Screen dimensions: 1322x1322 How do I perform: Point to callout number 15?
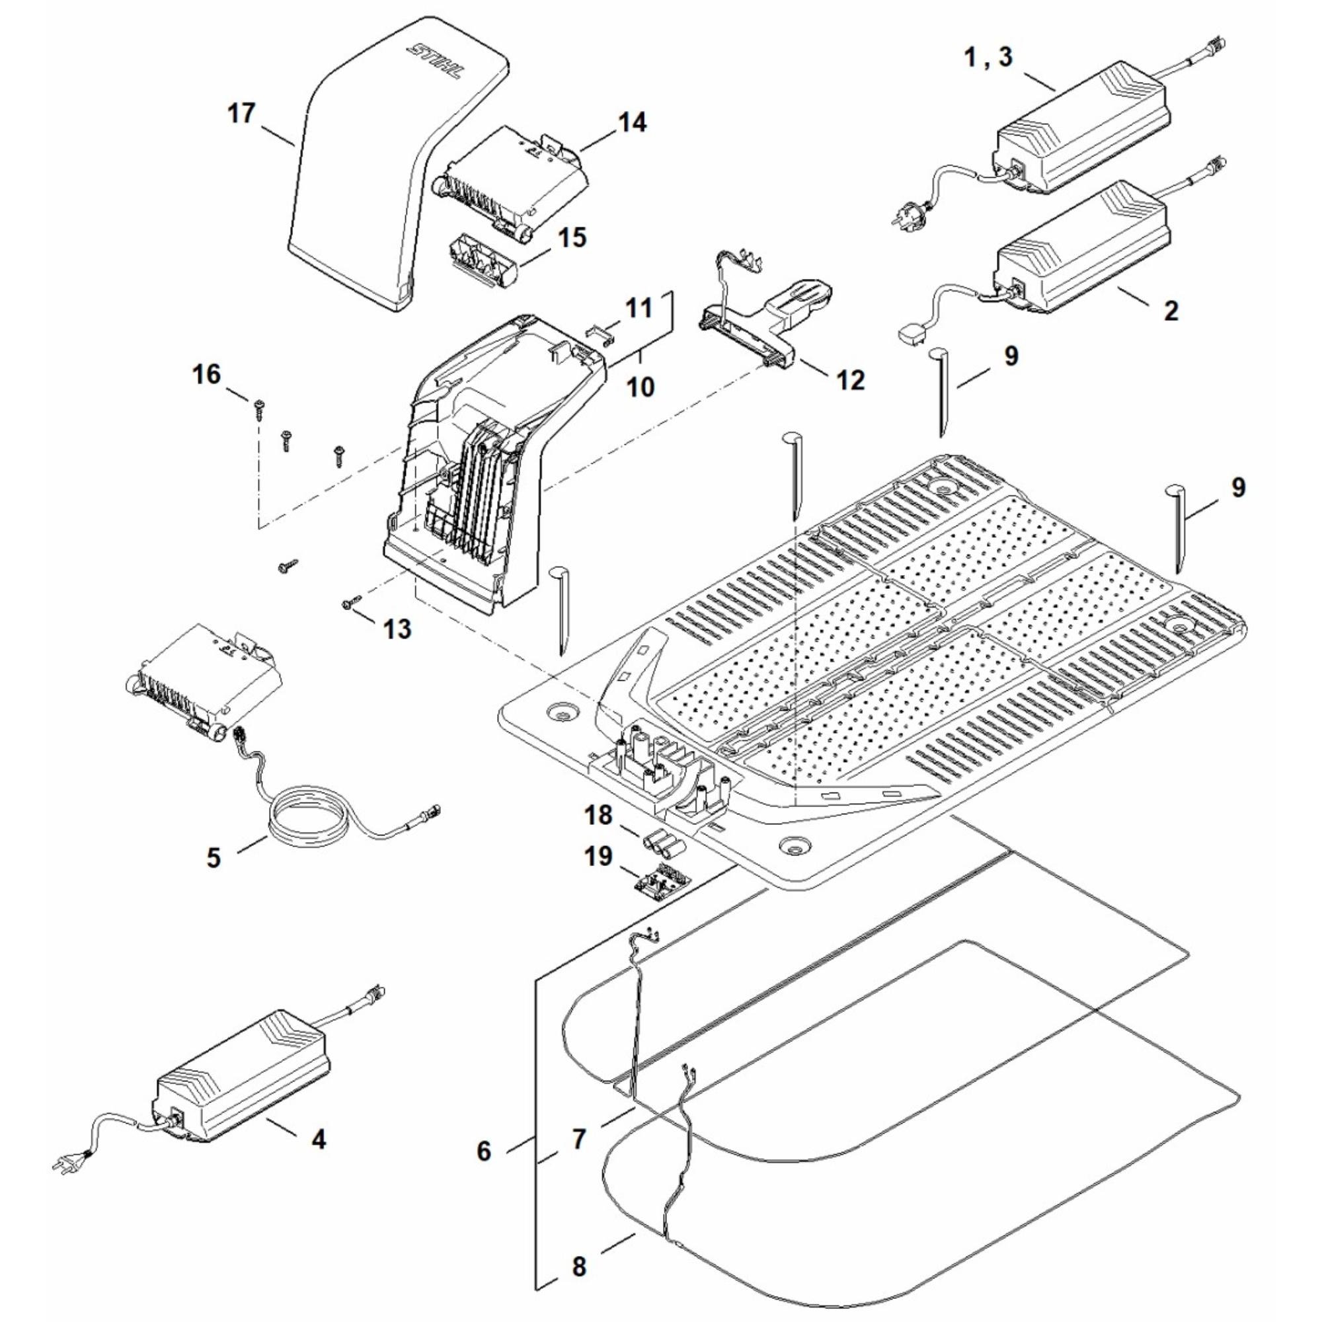pyautogui.click(x=570, y=238)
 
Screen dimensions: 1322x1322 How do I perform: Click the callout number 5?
pyautogui.click(x=214, y=857)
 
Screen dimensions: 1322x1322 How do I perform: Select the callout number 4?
pyautogui.click(x=318, y=1140)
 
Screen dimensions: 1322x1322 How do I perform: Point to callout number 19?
pyautogui.click(x=599, y=855)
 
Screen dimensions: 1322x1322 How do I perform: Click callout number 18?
pyautogui.click(x=599, y=816)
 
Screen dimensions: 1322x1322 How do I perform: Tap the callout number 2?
pyautogui.click(x=1171, y=311)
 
